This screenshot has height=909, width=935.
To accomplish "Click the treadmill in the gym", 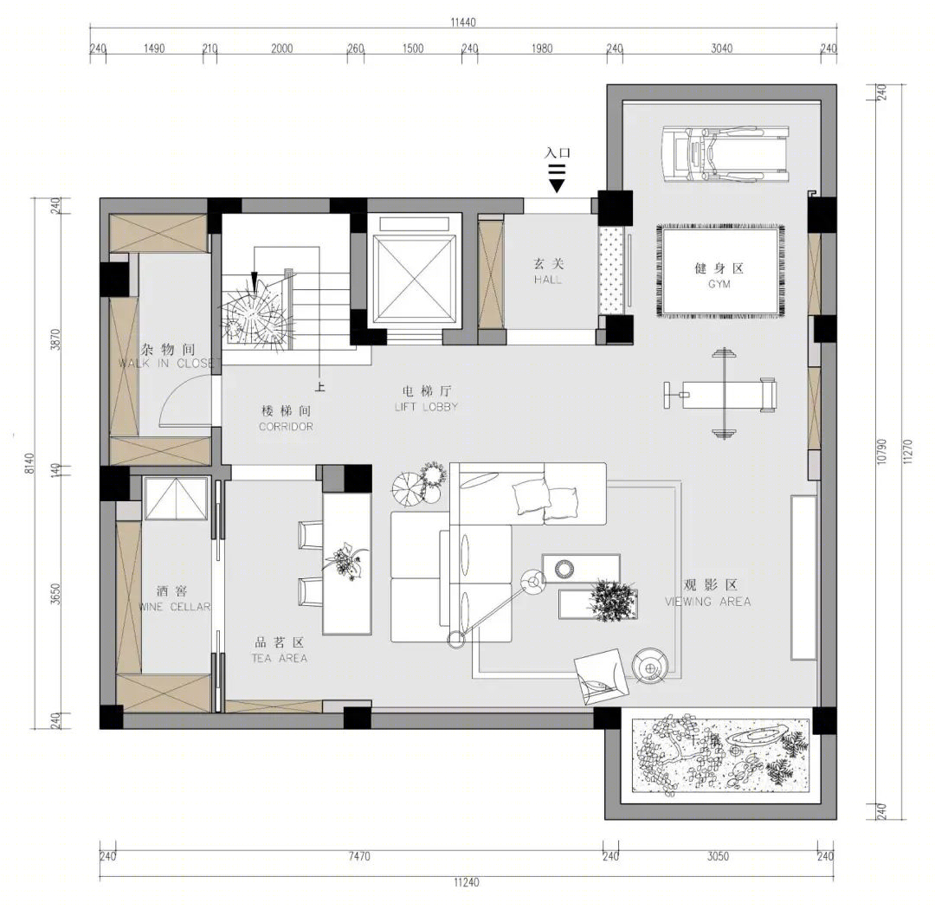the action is (x=725, y=154).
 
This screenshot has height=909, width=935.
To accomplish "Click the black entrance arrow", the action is (x=557, y=178).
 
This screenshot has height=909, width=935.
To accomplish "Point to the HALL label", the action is (x=548, y=280).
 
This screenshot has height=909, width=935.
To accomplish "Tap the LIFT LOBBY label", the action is (x=426, y=407).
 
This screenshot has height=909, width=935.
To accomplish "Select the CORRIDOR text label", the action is (x=286, y=427).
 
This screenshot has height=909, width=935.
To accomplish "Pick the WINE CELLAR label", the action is (x=175, y=607).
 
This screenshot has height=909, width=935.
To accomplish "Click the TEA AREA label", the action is (x=279, y=659).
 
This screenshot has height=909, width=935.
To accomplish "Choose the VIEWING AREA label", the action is (x=708, y=602).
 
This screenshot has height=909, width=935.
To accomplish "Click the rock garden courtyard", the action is (x=721, y=755).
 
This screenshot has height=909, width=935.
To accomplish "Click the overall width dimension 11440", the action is (x=462, y=23).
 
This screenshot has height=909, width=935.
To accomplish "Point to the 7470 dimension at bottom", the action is (x=359, y=856).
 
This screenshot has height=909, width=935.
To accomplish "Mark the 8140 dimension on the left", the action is (x=29, y=463).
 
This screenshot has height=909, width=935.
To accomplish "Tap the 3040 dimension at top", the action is (x=721, y=48).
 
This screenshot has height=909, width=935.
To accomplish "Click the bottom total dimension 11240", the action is (x=467, y=882).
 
